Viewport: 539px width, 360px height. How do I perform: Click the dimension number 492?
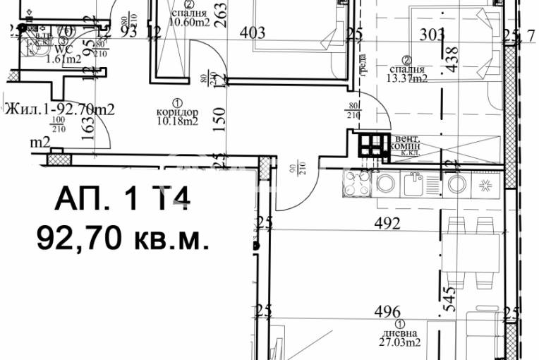pos(387,225)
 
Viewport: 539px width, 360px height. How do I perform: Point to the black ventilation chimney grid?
pos(373,145)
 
